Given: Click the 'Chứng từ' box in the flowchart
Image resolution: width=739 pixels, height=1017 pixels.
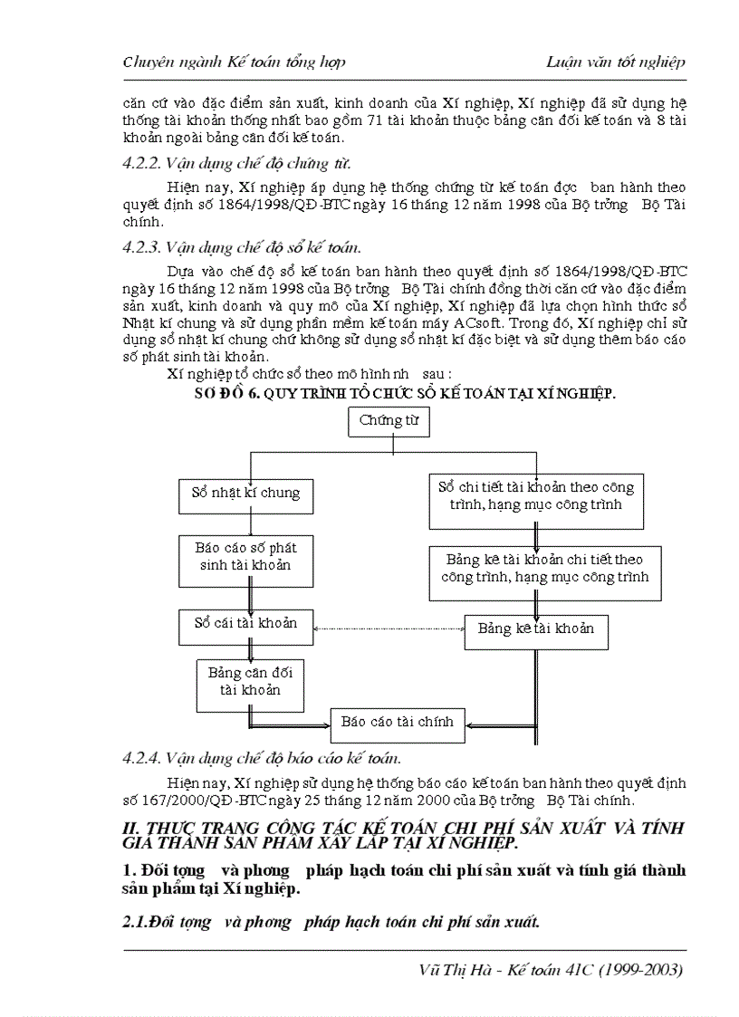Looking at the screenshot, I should pos(389,421).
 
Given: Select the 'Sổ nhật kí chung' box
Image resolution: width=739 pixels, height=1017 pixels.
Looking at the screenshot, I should pos(245,494).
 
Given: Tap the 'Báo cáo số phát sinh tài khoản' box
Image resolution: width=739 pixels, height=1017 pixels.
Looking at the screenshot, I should pos(245,556).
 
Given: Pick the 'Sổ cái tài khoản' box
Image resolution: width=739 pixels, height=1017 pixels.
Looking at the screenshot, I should pos(245,624).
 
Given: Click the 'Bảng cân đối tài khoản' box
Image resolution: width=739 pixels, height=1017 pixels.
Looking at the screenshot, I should pos(249,681).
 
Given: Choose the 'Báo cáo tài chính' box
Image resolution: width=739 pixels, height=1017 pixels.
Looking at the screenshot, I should pos(397,722).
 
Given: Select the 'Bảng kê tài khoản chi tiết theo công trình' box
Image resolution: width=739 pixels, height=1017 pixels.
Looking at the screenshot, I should pos(544,569).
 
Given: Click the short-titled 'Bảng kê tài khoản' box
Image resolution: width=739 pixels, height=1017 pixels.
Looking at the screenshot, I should pos(536,629).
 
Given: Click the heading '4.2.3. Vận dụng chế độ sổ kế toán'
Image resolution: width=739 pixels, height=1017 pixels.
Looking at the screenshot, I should pos(242,246).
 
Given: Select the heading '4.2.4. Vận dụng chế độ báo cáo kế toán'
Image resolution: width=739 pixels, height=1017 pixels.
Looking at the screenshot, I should pos(262,758).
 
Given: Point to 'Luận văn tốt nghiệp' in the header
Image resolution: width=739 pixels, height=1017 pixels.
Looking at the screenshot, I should pos(616,62).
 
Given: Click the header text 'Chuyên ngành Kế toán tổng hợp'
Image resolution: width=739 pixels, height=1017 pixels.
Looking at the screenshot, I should pos(234,62).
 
